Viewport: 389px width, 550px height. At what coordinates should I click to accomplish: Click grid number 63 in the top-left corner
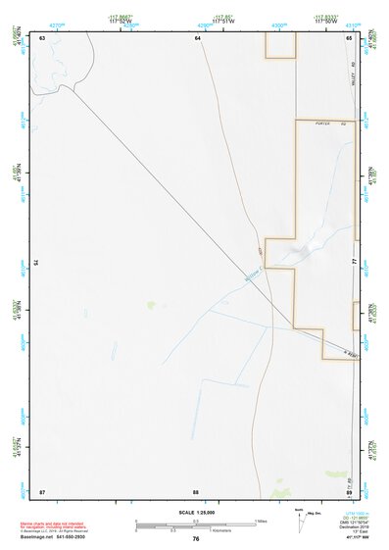[43, 37]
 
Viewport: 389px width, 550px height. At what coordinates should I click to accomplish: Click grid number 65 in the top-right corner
[349, 37]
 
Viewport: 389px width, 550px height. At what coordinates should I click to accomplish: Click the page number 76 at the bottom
[196, 539]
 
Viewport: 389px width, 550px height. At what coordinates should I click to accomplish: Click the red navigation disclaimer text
[58, 525]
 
